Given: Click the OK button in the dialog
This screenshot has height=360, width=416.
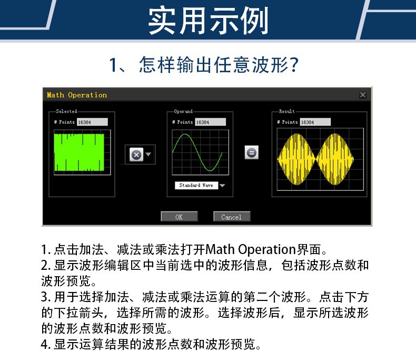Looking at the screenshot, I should pyautogui.click(x=179, y=217).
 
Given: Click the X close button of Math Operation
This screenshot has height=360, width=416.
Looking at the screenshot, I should pyautogui.click(x=362, y=95).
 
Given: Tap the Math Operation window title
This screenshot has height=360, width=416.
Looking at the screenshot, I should pyautogui.click(x=77, y=95).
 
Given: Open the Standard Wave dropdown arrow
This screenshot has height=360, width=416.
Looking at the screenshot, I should pyautogui.click(x=222, y=186).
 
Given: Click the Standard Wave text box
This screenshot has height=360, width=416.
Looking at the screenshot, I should pyautogui.click(x=196, y=186).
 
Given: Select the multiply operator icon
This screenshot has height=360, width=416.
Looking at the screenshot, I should pyautogui.click(x=136, y=154).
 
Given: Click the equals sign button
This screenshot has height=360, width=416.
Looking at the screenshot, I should pyautogui.click(x=252, y=152).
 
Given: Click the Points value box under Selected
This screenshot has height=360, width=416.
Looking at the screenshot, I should pyautogui.click(x=92, y=122).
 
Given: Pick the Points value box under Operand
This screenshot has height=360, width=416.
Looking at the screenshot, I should pyautogui.click(x=210, y=122).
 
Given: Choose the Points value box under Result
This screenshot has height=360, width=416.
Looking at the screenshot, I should pyautogui.click(x=315, y=122).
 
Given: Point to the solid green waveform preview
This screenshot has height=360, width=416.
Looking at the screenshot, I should pyautogui.click(x=79, y=153).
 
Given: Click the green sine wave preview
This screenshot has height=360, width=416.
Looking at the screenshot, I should pyautogui.click(x=200, y=153).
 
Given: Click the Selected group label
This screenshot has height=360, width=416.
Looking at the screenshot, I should pyautogui.click(x=66, y=111).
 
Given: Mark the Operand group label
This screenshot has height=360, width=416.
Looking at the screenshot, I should pyautogui.click(x=183, y=111).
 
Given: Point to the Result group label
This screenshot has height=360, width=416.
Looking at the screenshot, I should pyautogui.click(x=287, y=111).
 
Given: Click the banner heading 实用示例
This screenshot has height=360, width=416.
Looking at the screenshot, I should pyautogui.click(x=209, y=21).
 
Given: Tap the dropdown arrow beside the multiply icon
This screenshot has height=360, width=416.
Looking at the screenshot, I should pyautogui.click(x=148, y=154).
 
